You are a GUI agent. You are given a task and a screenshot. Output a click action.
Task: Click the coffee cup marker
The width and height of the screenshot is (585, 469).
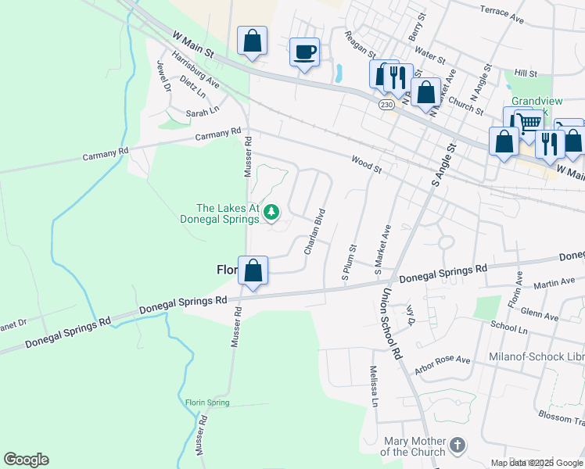point(305,53)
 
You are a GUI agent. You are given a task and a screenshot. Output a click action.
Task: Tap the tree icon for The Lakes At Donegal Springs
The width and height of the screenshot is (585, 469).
point(271,212)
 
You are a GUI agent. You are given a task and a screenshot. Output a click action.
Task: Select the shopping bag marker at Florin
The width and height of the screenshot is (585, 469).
point(253,271)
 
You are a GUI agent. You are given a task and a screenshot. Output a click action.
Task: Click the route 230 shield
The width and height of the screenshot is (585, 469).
point(386,104)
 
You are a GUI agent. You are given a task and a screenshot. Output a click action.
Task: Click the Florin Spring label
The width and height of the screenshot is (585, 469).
point(207,403)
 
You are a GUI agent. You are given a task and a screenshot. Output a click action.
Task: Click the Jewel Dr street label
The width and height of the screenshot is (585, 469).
point(163,76)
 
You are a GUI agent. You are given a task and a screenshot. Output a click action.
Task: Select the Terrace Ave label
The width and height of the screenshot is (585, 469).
point(501,13)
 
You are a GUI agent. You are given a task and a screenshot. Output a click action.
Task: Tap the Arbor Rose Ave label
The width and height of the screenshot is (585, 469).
point(443,365)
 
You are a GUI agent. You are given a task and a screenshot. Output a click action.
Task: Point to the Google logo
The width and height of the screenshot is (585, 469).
point(26,460)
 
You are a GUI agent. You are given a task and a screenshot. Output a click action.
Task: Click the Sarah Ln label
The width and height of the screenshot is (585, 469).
point(202,113)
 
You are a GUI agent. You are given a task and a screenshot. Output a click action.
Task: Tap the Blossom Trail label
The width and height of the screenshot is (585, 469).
point(562,419)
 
